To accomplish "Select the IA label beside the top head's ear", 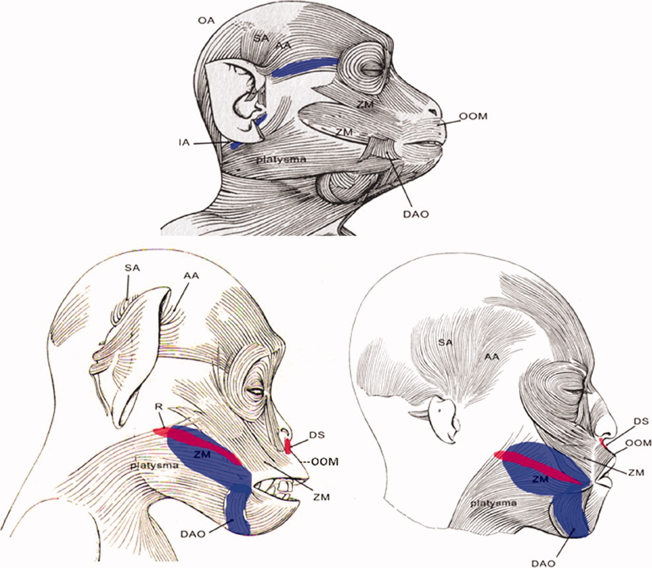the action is pos(184,143).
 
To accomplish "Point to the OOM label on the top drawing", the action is pos(473,116).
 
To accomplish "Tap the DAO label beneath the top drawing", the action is pos(415,214).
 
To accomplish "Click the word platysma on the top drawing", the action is pos(280,159).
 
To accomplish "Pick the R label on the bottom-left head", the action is pos(158,406).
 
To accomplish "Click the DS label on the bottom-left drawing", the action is pos(317,435).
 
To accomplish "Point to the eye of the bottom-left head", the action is pos(255,391).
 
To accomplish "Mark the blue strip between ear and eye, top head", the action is pos(305,67).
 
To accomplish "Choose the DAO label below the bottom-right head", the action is pos(543,563).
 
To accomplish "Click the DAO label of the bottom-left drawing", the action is pos(193,534).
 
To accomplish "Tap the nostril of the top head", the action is pos(433,112).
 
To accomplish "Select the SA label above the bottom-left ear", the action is pos(132,268).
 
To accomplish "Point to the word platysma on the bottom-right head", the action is pos(493,503).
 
